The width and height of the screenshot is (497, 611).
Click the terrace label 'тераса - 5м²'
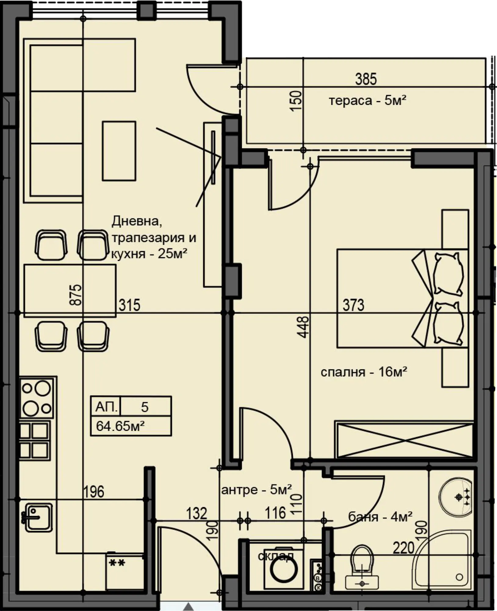coord(367,100)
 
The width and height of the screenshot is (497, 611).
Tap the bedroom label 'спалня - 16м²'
coord(364,372)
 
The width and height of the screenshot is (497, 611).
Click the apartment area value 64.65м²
coord(120,426)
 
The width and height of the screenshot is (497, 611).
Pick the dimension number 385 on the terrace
coord(366,79)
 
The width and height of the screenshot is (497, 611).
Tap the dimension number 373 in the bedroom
coord(353,305)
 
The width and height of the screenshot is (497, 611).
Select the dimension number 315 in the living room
coord(129,305)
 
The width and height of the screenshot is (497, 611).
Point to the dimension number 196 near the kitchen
coord(94,492)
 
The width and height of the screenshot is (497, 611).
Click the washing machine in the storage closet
coord(283,569)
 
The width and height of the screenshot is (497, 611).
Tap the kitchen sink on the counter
coord(38,518)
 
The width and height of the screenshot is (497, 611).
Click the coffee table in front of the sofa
coord(119,151)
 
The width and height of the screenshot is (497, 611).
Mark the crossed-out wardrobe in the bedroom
coord(404,440)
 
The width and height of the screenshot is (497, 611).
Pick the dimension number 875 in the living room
coord(76,295)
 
